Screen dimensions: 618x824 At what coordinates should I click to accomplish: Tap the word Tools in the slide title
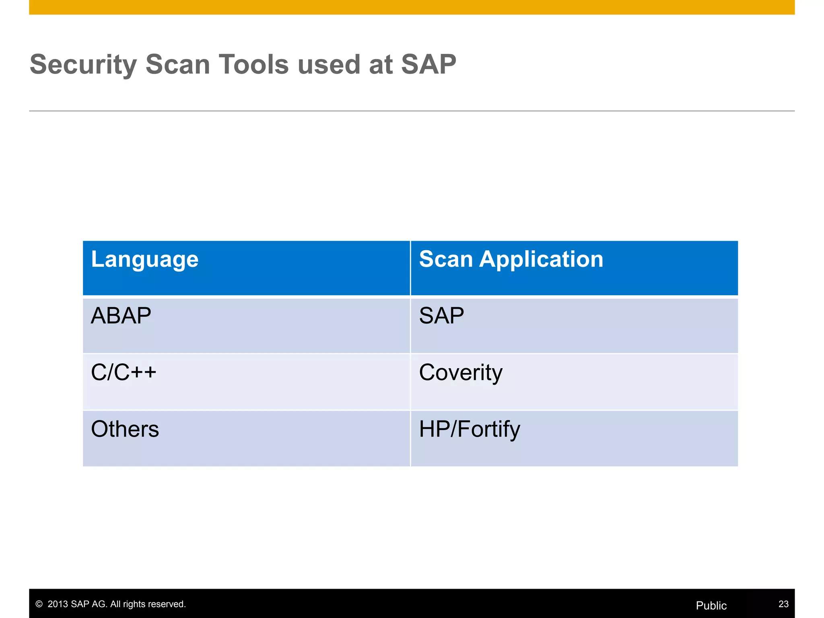point(253,64)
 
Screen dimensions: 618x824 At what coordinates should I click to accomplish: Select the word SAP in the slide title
point(428,64)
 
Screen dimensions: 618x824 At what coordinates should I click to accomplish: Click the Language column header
point(144,259)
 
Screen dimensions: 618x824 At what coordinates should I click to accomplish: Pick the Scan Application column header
point(511,259)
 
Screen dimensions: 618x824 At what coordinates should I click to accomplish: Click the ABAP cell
point(121,316)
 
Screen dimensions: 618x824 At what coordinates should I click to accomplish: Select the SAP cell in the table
point(441,316)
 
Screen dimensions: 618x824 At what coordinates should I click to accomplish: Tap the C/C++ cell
point(123,372)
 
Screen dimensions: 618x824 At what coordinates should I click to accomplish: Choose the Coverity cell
point(460,373)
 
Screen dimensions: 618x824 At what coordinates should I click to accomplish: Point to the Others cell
point(125,429)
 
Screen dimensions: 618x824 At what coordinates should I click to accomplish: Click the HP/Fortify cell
point(469,429)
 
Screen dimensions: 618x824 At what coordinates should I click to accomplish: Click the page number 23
point(783,604)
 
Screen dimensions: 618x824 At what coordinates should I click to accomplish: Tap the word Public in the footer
point(711,606)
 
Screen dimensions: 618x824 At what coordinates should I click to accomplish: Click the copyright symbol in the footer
point(39,604)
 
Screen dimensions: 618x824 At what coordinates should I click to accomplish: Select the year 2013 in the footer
point(58,604)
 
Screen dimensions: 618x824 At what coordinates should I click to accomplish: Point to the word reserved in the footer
point(168,604)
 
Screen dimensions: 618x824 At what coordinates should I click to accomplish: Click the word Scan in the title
point(177,64)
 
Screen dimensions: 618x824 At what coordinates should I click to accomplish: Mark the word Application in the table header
point(541,259)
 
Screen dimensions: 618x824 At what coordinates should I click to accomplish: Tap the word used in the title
point(328,64)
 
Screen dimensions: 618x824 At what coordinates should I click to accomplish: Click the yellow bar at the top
point(412,7)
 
